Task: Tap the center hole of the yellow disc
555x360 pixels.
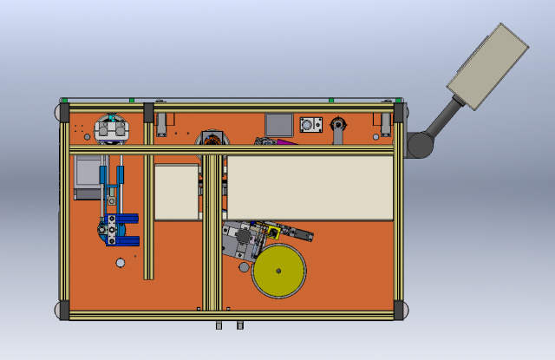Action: click(x=278, y=271)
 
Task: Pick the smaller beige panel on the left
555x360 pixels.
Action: click(x=177, y=192)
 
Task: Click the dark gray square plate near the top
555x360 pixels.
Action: click(x=278, y=125)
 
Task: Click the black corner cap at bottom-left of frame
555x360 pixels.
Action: click(x=64, y=311)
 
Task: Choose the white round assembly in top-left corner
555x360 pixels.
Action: click(x=111, y=128)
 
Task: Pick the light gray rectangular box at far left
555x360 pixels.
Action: click(x=85, y=178)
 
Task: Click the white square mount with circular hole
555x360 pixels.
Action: click(x=310, y=126)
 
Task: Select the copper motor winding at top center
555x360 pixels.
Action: click(x=210, y=140)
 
